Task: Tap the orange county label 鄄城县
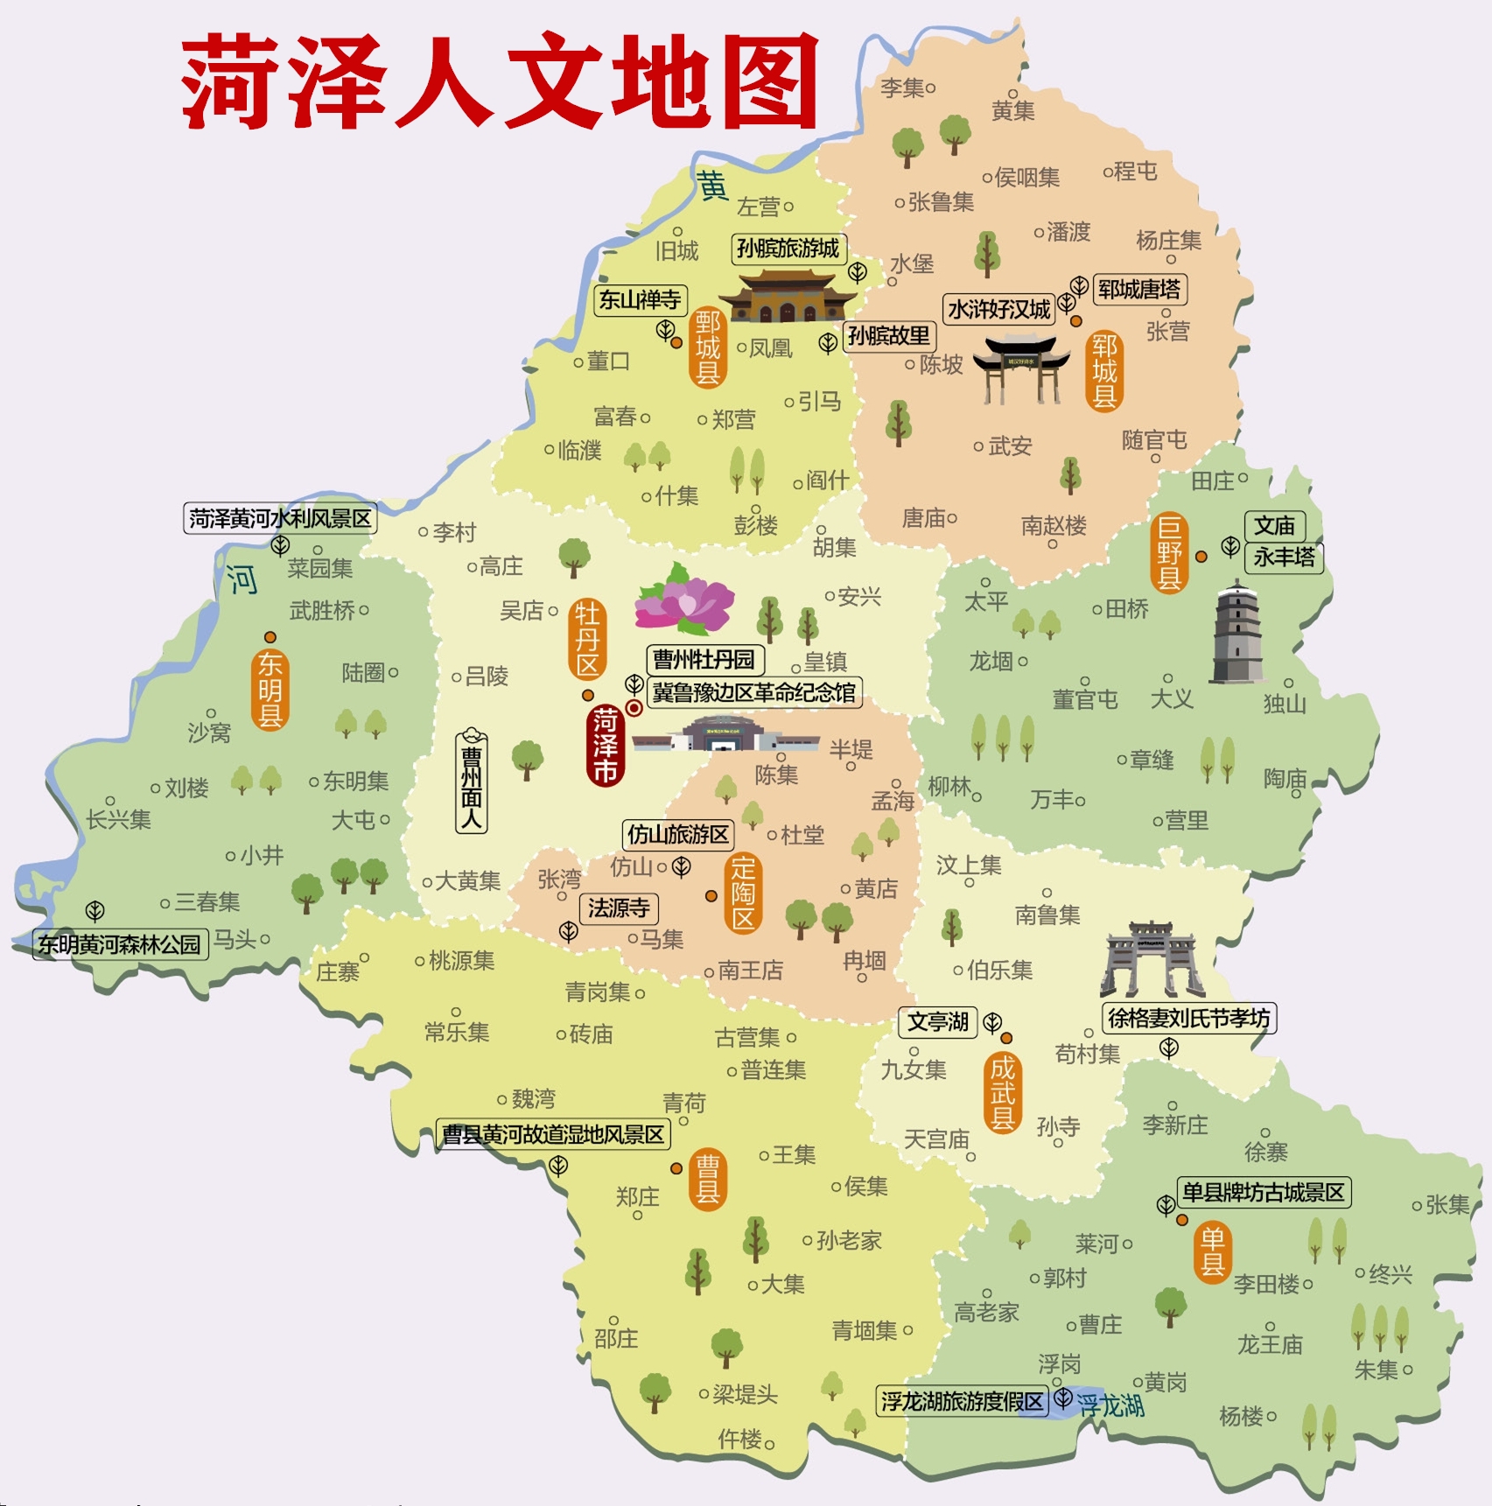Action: [707, 347]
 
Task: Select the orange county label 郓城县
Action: [1104, 371]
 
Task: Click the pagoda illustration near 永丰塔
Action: [1237, 633]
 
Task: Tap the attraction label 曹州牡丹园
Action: [704, 659]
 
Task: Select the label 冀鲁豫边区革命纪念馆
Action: [753, 693]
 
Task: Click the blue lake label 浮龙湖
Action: [1110, 1405]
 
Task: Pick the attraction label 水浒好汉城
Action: [999, 310]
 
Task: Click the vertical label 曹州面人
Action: [472, 781]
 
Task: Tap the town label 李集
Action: [902, 88]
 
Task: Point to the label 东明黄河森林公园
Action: [120, 944]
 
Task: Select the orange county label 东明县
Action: [270, 690]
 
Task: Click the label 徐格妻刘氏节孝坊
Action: [1188, 1019]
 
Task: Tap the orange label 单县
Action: [1213, 1252]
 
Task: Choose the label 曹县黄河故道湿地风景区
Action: [553, 1135]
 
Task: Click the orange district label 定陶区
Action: [743, 893]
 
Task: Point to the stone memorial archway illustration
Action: [1152, 960]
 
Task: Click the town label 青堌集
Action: [865, 1331]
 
